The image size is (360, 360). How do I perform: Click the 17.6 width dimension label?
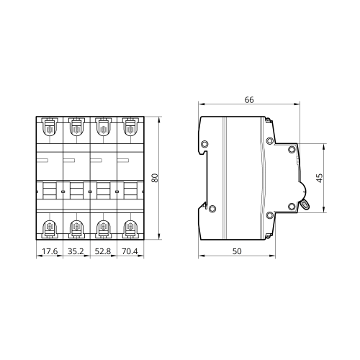pos(50,251)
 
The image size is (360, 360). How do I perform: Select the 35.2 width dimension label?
pos(76,251)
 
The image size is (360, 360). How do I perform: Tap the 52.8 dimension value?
pos(103,251)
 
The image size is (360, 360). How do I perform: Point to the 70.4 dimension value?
pos(130,251)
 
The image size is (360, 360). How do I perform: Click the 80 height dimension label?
pos(156,178)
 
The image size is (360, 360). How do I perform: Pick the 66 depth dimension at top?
pos(249,100)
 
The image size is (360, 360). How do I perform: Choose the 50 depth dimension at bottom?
pos(237,251)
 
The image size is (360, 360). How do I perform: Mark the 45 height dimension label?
pos(320,178)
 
